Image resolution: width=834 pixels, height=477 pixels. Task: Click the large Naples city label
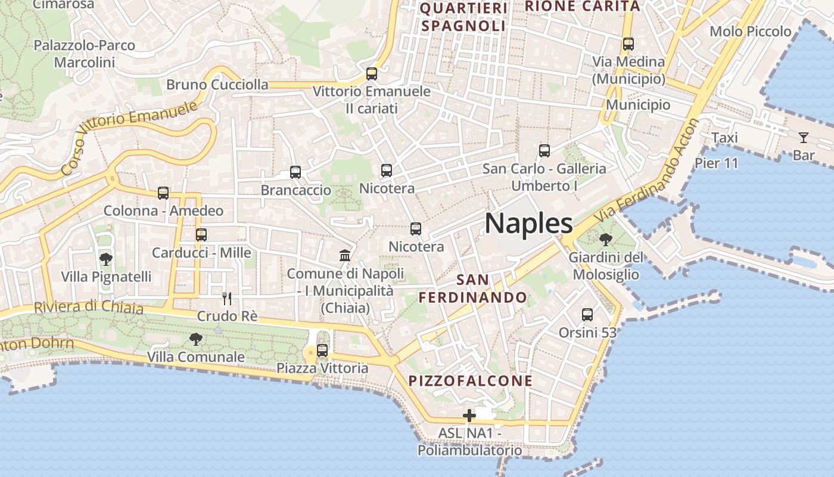click(528, 224)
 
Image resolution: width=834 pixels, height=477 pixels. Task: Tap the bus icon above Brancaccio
click(295, 172)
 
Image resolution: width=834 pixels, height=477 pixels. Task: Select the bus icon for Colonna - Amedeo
click(163, 193)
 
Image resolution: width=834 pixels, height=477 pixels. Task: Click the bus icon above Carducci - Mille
click(201, 235)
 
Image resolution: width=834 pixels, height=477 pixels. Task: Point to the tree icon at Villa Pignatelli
click(106, 259)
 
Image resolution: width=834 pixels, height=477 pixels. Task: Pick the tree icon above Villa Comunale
click(195, 340)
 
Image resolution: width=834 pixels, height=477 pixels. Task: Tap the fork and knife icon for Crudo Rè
click(226, 298)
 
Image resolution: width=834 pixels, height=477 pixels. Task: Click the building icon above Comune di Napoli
click(345, 256)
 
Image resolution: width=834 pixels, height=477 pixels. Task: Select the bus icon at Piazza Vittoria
click(322, 351)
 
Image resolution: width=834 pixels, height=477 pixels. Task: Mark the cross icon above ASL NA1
click(469, 416)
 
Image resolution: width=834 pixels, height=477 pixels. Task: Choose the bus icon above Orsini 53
click(587, 315)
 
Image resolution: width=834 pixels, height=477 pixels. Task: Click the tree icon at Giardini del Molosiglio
click(606, 240)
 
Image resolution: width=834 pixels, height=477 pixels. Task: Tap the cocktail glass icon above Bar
click(804, 138)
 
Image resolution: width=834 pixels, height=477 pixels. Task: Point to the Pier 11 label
click(716, 163)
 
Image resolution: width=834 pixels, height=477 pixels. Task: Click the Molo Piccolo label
click(751, 32)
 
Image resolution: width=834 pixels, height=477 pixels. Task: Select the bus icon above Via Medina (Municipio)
click(628, 44)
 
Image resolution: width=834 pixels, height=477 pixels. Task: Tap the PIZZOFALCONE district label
click(470, 380)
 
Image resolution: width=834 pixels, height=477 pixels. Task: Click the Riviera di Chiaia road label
click(89, 307)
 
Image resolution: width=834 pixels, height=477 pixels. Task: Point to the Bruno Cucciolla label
click(217, 85)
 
